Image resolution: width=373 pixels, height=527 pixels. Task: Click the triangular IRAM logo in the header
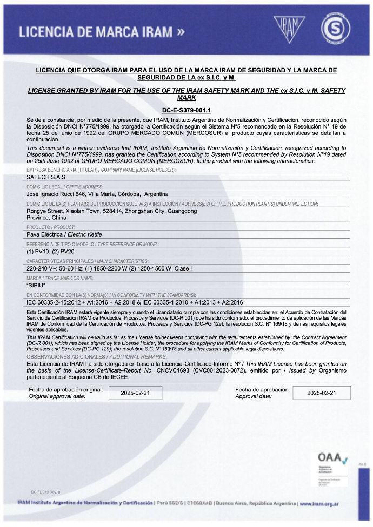click(x=289, y=25)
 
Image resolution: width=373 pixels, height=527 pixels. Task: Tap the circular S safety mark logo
click(x=335, y=27)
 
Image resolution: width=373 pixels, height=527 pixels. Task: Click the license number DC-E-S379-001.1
click(x=186, y=110)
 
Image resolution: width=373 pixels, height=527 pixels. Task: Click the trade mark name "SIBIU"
click(x=36, y=285)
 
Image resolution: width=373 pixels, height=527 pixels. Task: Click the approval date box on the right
click(x=321, y=393)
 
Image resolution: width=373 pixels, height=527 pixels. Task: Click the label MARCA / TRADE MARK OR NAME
click(x=60, y=278)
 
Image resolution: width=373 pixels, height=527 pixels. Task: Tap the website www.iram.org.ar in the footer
click(x=319, y=503)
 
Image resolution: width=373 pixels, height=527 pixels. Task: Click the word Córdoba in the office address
click(x=126, y=194)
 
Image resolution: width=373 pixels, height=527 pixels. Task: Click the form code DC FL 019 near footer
click(x=46, y=492)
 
